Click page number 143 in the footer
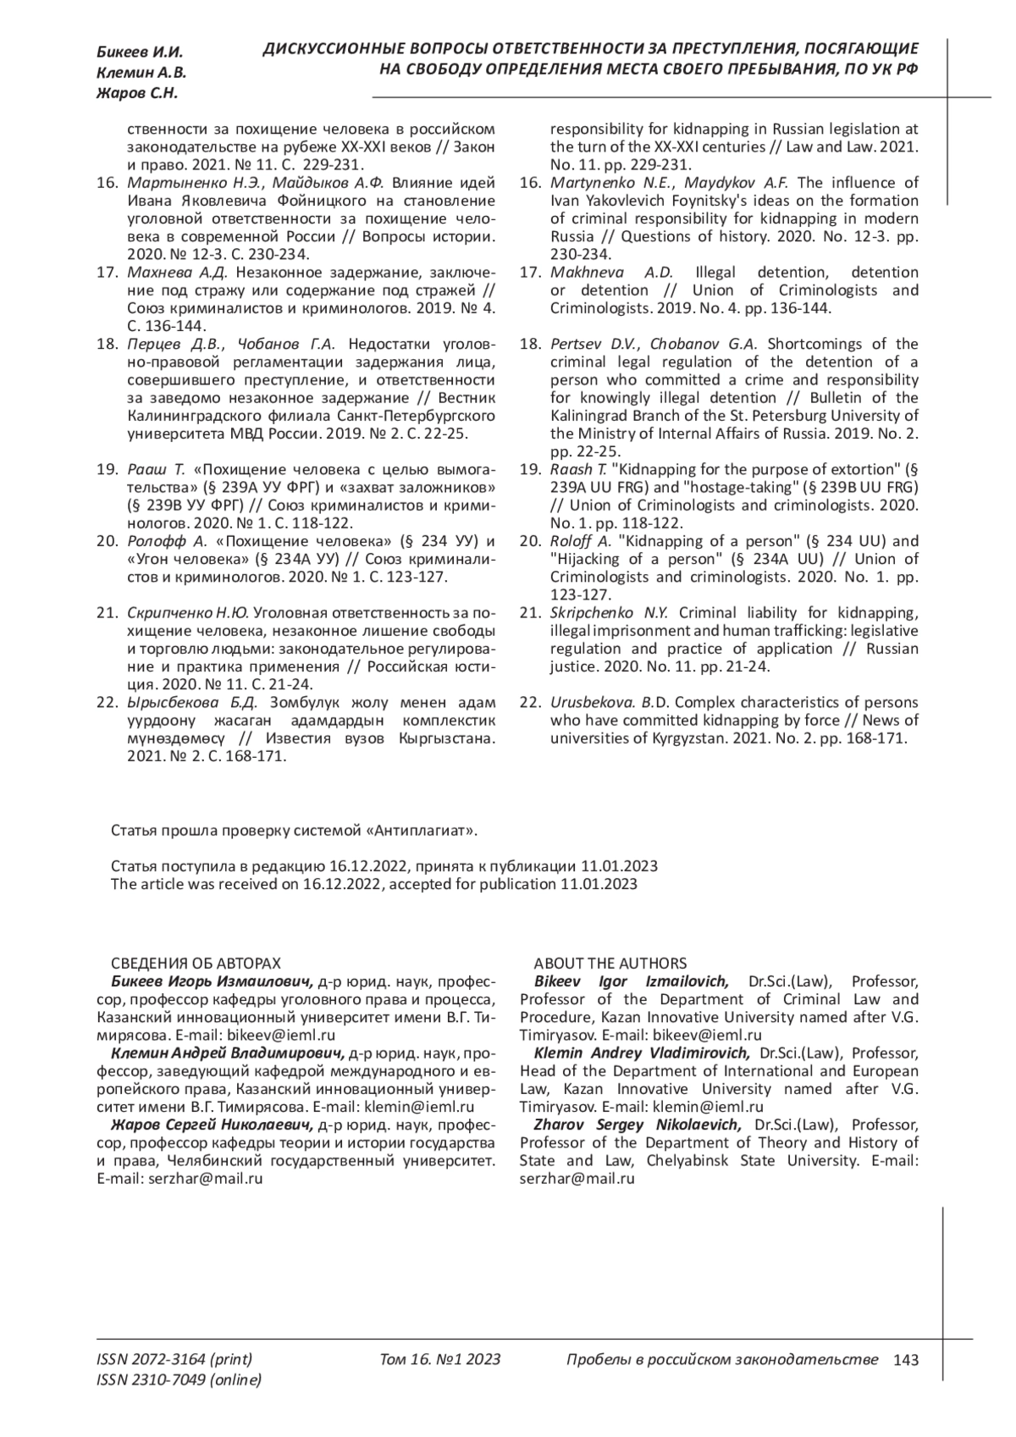[x=905, y=1360]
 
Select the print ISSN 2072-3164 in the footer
[x=174, y=1360]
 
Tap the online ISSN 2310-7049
[x=179, y=1380]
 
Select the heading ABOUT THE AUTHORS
[x=610, y=964]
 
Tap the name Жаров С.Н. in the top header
[x=137, y=93]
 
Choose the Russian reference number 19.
[x=106, y=469]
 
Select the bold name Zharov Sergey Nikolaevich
[x=637, y=1125]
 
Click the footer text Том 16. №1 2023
[x=440, y=1360]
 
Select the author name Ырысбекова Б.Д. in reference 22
[x=191, y=703]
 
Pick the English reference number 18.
[x=529, y=344]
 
